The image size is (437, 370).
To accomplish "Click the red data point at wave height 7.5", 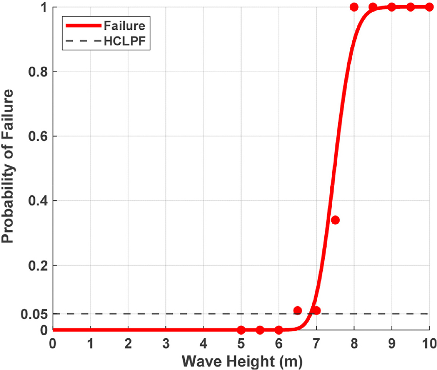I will [x=335, y=220].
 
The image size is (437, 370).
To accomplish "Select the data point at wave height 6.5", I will [x=298, y=310].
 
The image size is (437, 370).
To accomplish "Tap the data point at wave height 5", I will [x=241, y=330].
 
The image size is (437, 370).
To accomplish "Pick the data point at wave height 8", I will [x=354, y=7].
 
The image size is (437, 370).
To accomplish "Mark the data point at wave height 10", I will [x=429, y=7].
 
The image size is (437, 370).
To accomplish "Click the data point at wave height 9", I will [x=391, y=7].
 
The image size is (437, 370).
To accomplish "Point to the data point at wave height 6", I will [x=279, y=330].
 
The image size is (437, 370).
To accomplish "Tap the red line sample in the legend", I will [x=83, y=24].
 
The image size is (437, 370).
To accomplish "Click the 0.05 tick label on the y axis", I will [x=34, y=314].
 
